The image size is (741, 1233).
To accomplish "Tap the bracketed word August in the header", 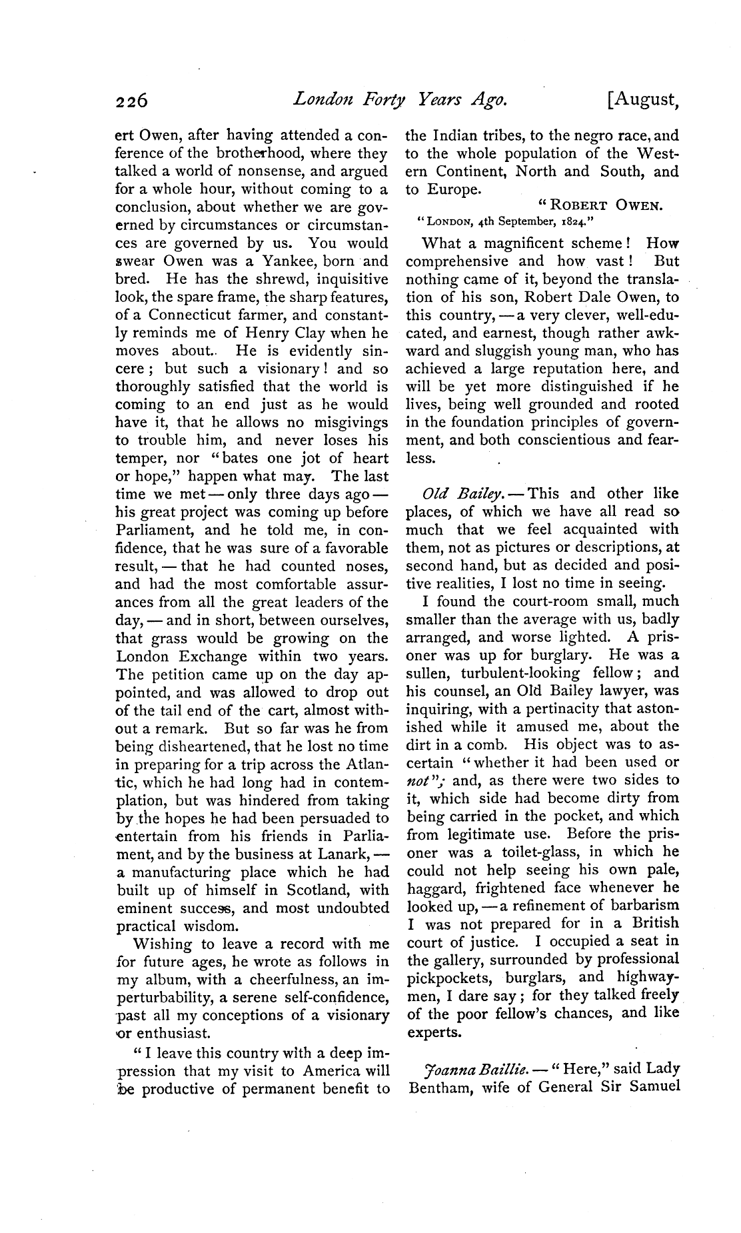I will [643, 101].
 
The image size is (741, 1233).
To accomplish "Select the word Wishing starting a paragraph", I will [163, 944].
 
